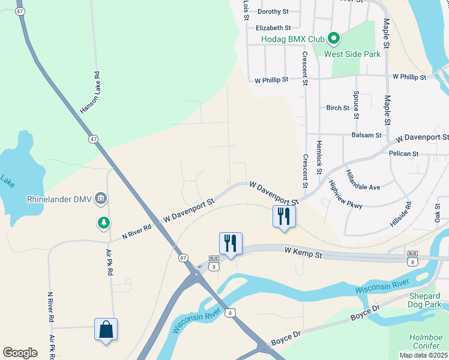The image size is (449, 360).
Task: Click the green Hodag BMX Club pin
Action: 334,39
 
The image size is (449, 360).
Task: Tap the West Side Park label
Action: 352,54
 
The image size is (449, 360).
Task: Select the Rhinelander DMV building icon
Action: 101,199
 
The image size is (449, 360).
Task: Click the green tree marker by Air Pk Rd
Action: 104,223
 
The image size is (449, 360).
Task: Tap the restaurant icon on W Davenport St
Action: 284,216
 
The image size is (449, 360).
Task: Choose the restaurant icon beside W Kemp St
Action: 231,243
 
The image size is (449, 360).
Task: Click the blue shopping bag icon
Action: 106,329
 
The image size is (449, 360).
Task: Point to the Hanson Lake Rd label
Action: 89,93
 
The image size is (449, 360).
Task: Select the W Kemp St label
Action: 304,256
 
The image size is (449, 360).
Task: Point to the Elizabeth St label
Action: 273,28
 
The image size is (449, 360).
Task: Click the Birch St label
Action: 338,108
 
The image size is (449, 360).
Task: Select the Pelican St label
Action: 403,154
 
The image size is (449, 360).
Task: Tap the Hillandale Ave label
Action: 363,180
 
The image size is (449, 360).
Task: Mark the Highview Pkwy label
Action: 346,197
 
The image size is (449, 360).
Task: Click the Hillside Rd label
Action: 400,214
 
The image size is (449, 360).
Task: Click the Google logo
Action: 20,352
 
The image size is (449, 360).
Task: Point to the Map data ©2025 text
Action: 423,355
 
